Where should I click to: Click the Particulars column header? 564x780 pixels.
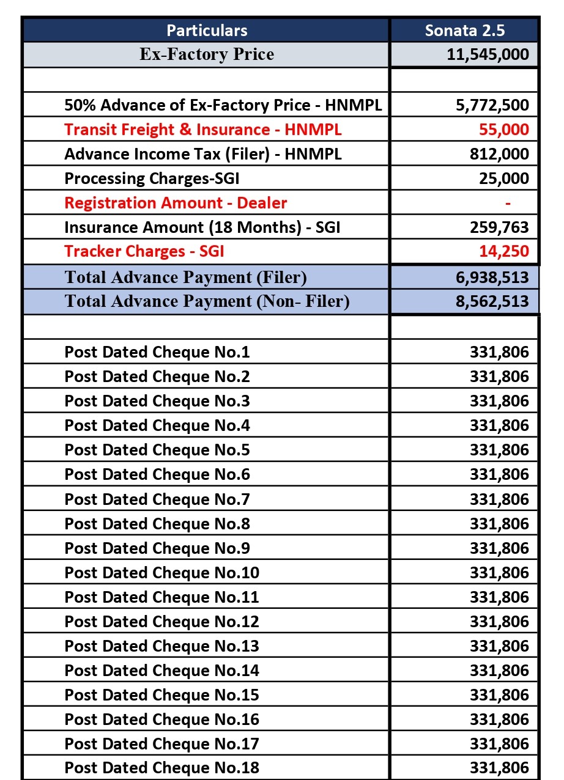tap(207, 31)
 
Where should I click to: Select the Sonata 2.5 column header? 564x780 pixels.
tap(465, 31)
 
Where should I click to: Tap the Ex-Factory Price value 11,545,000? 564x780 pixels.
tap(488, 54)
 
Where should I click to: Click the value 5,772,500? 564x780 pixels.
tap(492, 105)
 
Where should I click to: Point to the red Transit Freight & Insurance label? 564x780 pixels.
tap(202, 130)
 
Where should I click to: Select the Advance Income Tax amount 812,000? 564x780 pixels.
tap(499, 154)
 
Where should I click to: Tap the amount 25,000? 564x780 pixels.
tap(504, 178)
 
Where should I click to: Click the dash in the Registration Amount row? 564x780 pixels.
tap(508, 203)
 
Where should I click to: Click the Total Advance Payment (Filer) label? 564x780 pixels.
tap(185, 278)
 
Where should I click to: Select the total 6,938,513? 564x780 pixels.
tap(492, 278)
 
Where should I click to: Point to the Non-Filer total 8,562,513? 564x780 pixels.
tap(492, 302)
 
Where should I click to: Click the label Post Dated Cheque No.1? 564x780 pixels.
tap(157, 352)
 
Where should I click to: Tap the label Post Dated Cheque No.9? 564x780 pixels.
tap(157, 548)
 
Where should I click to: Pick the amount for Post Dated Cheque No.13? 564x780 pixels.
tap(499, 646)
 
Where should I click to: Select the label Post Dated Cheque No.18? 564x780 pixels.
tap(161, 768)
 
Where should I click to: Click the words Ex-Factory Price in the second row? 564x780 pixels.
tap(207, 54)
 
